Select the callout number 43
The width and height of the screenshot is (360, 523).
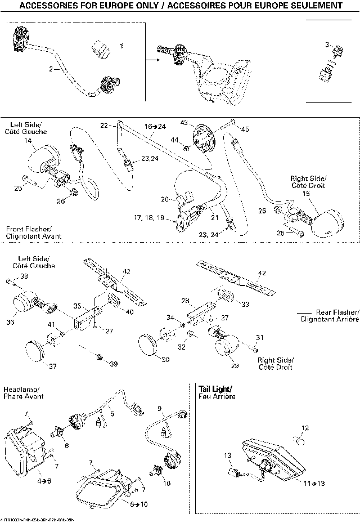[x=183, y=123]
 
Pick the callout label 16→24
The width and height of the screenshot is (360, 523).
[x=155, y=127]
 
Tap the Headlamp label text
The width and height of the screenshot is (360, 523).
[x=17, y=389]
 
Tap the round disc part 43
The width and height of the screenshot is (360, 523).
[x=204, y=139]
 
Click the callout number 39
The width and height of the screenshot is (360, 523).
[x=114, y=364]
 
